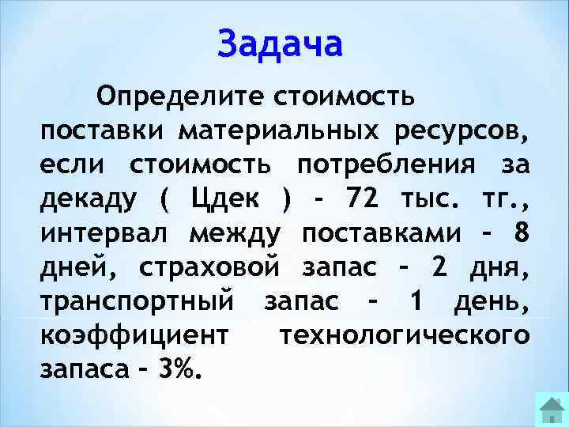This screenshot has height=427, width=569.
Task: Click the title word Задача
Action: point(281,44)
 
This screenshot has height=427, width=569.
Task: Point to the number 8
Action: point(519,232)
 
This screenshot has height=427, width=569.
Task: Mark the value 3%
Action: point(180,368)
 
